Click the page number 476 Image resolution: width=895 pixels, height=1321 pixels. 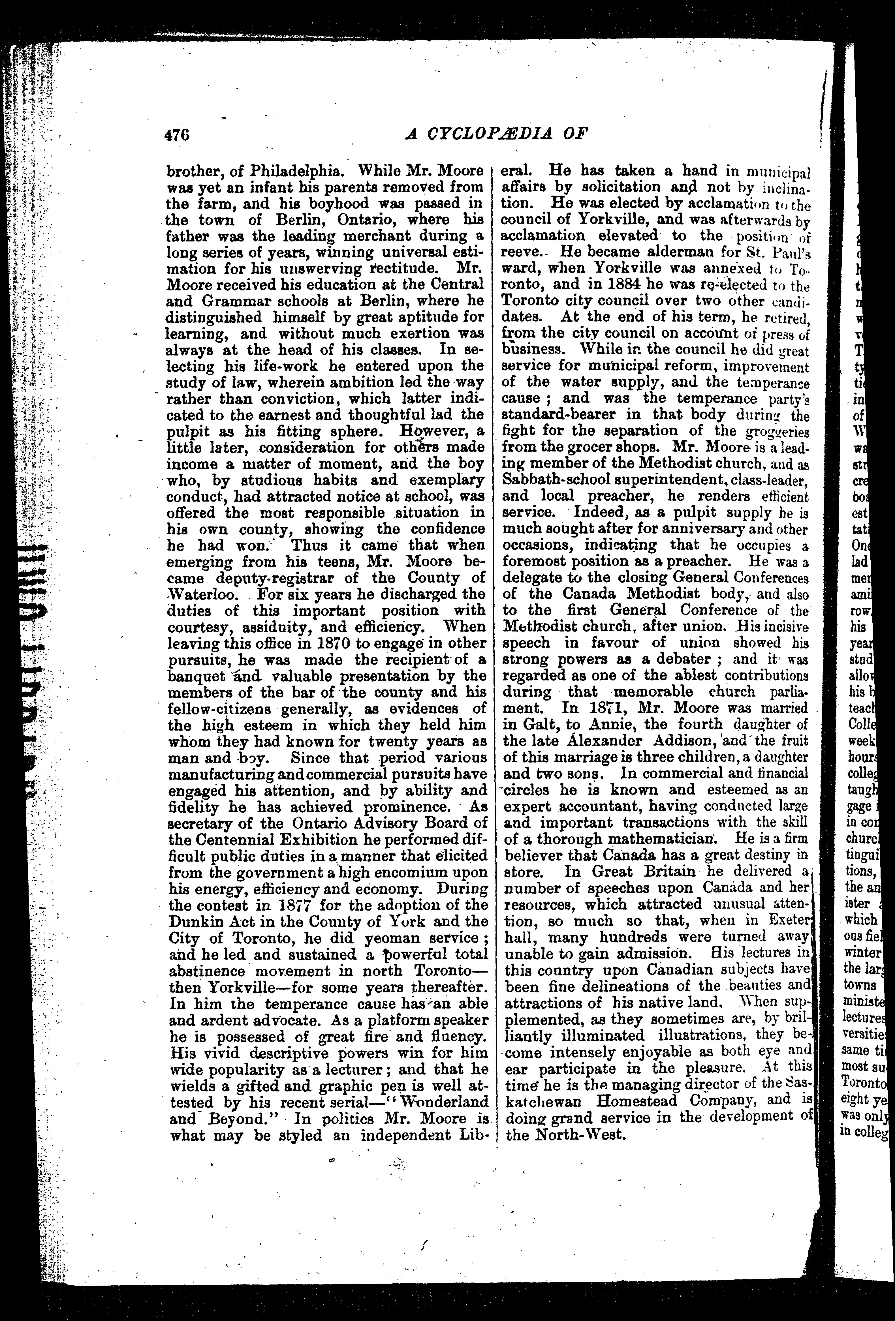176,135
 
